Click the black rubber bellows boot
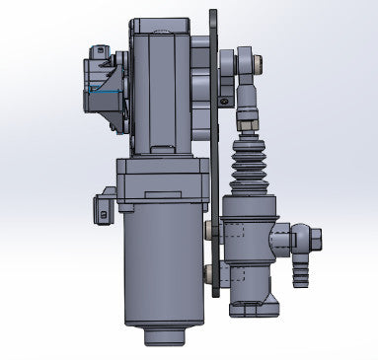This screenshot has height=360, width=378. [x=247, y=167]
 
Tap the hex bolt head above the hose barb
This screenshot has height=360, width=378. [x=311, y=237]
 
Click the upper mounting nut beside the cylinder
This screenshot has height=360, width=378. [x=209, y=230]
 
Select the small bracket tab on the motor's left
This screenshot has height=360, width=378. [x=101, y=208]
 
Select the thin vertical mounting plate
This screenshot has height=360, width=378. [x=213, y=148]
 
